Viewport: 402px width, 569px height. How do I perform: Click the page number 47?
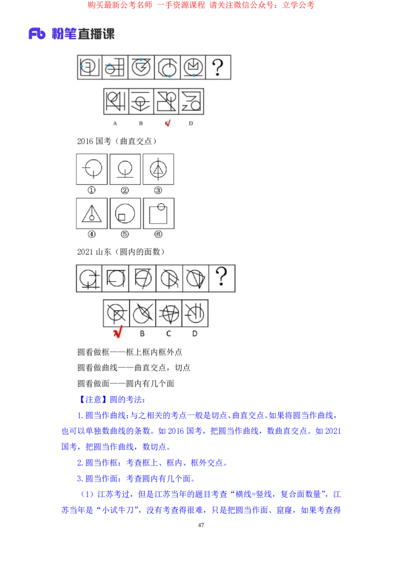pyautogui.click(x=200, y=525)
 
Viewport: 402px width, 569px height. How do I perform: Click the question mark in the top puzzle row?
pyautogui.click(x=218, y=67)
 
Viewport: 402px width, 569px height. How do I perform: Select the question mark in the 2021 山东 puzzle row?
pyautogui.click(x=222, y=277)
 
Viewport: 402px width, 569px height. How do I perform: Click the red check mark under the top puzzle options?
pyautogui.click(x=168, y=123)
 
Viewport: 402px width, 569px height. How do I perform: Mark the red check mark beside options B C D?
pyautogui.click(x=118, y=332)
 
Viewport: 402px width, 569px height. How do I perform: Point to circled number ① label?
pyautogui.click(x=91, y=190)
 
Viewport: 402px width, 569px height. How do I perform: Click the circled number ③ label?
pyautogui.click(x=158, y=190)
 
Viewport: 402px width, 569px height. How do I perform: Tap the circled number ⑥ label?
pyautogui.click(x=158, y=234)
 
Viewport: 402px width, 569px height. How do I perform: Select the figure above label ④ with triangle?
pyautogui.click(x=92, y=213)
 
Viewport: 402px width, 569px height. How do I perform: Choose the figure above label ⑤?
pyautogui.click(x=125, y=213)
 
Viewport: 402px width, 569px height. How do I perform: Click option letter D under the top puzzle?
pyautogui.click(x=191, y=123)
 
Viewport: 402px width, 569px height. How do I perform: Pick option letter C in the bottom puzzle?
pyautogui.click(x=168, y=333)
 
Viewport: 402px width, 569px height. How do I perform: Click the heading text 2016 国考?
pyautogui.click(x=94, y=141)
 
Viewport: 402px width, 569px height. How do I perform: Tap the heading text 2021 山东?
pyautogui.click(x=94, y=251)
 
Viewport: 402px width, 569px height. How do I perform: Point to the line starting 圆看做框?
pyautogui.click(x=130, y=352)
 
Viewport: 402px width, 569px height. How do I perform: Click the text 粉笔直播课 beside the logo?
pyautogui.click(x=83, y=34)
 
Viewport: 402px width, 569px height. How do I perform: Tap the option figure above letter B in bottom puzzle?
pyautogui.click(x=142, y=313)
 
